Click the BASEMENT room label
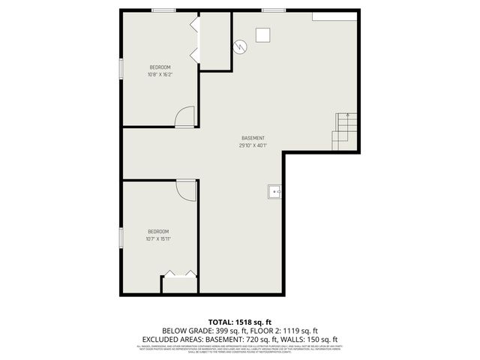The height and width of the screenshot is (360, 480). coord(253,138)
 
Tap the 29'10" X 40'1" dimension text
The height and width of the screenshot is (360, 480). coord(253,145)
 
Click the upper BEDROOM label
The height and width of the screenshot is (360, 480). coord(160,67)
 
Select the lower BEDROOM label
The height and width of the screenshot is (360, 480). coord(157,231)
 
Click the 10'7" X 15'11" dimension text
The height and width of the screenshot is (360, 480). coord(157,238)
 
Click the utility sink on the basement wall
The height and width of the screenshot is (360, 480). coord(274,193)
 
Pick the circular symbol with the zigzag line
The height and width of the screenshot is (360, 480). coord(239,46)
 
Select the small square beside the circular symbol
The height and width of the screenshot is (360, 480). coord(263,34)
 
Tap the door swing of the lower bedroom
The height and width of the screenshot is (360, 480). coord(186,190)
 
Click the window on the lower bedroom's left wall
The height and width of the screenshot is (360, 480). coord(121,238)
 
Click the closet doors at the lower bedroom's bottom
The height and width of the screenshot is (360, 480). coord(180,274)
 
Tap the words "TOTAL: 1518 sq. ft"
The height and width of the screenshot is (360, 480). coord(239,321)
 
